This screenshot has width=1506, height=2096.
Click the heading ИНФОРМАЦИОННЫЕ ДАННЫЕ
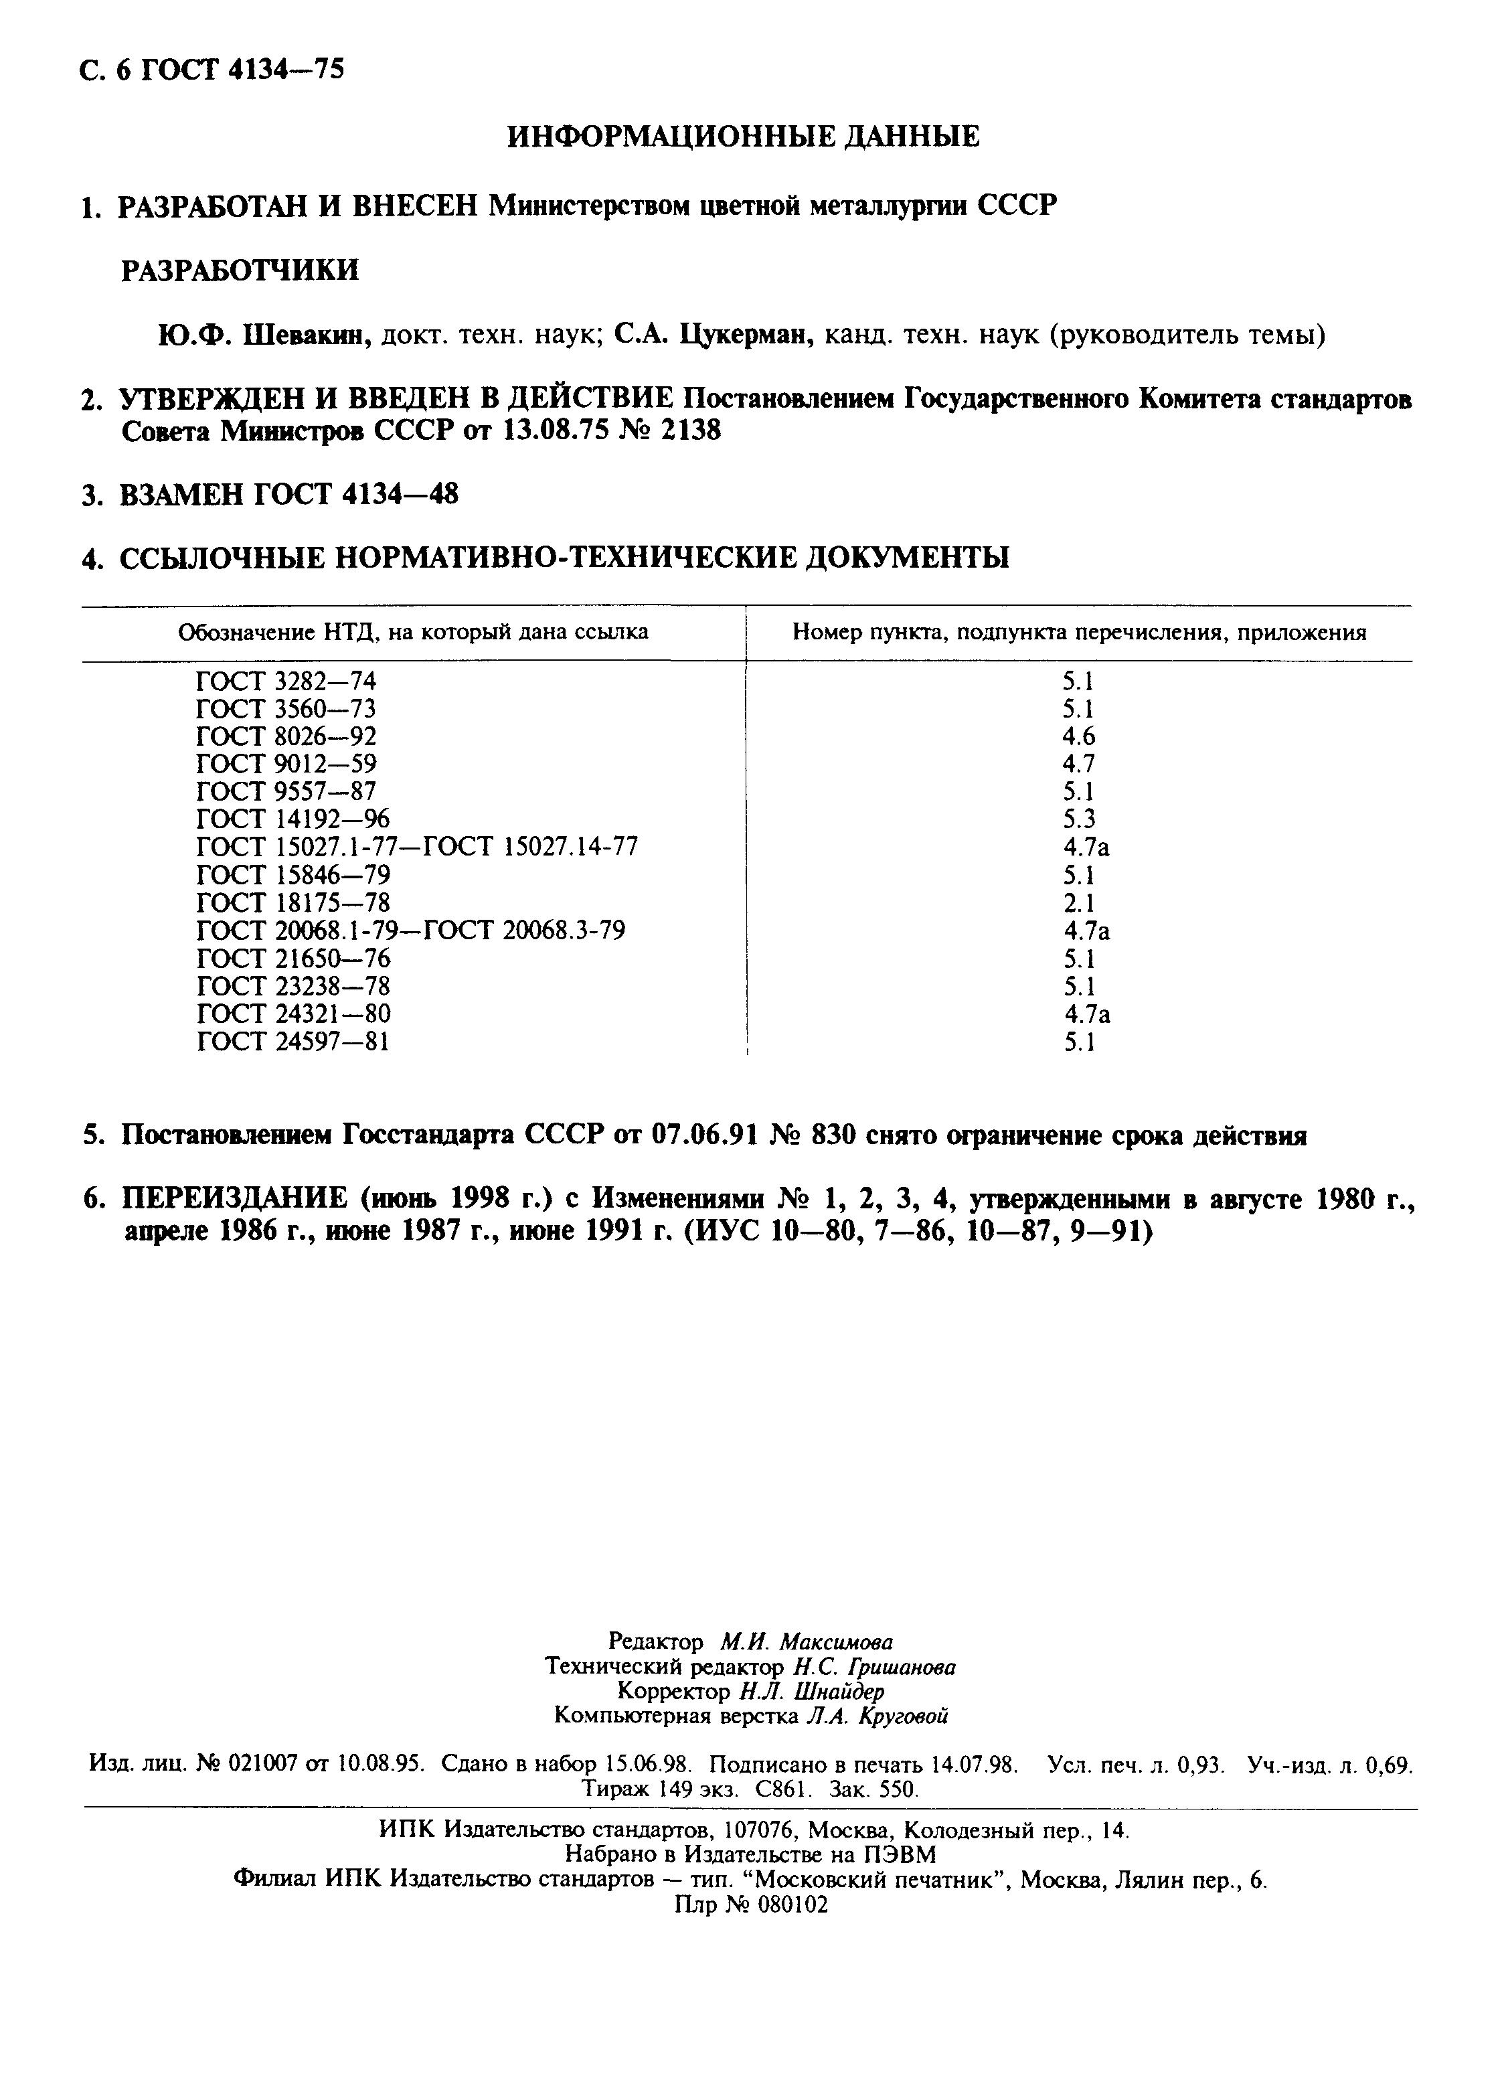tap(744, 137)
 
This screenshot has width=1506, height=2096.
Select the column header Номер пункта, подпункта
tap(1079, 633)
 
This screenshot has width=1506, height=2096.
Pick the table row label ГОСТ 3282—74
tap(286, 681)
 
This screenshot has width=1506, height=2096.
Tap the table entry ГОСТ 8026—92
tap(286, 736)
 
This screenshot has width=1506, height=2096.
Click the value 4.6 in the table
tap(1078, 736)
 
